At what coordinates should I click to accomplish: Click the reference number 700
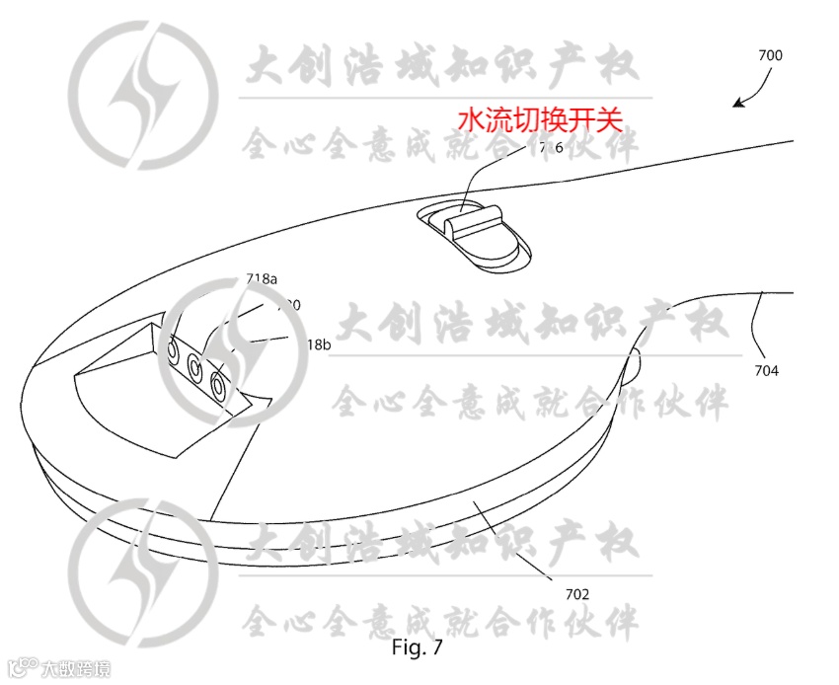click(x=770, y=56)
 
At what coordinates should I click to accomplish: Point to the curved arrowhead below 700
click(x=735, y=103)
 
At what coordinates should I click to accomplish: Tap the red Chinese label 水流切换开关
click(x=540, y=120)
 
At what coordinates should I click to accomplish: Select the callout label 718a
click(x=261, y=279)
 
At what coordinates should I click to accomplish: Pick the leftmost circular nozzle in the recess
click(x=173, y=350)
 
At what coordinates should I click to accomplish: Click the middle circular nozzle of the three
click(x=194, y=367)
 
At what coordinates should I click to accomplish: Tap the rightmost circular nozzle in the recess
click(x=217, y=384)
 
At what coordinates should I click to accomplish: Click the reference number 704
click(x=766, y=371)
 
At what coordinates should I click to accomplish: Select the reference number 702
click(x=577, y=594)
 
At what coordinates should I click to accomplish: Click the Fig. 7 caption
click(x=419, y=649)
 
